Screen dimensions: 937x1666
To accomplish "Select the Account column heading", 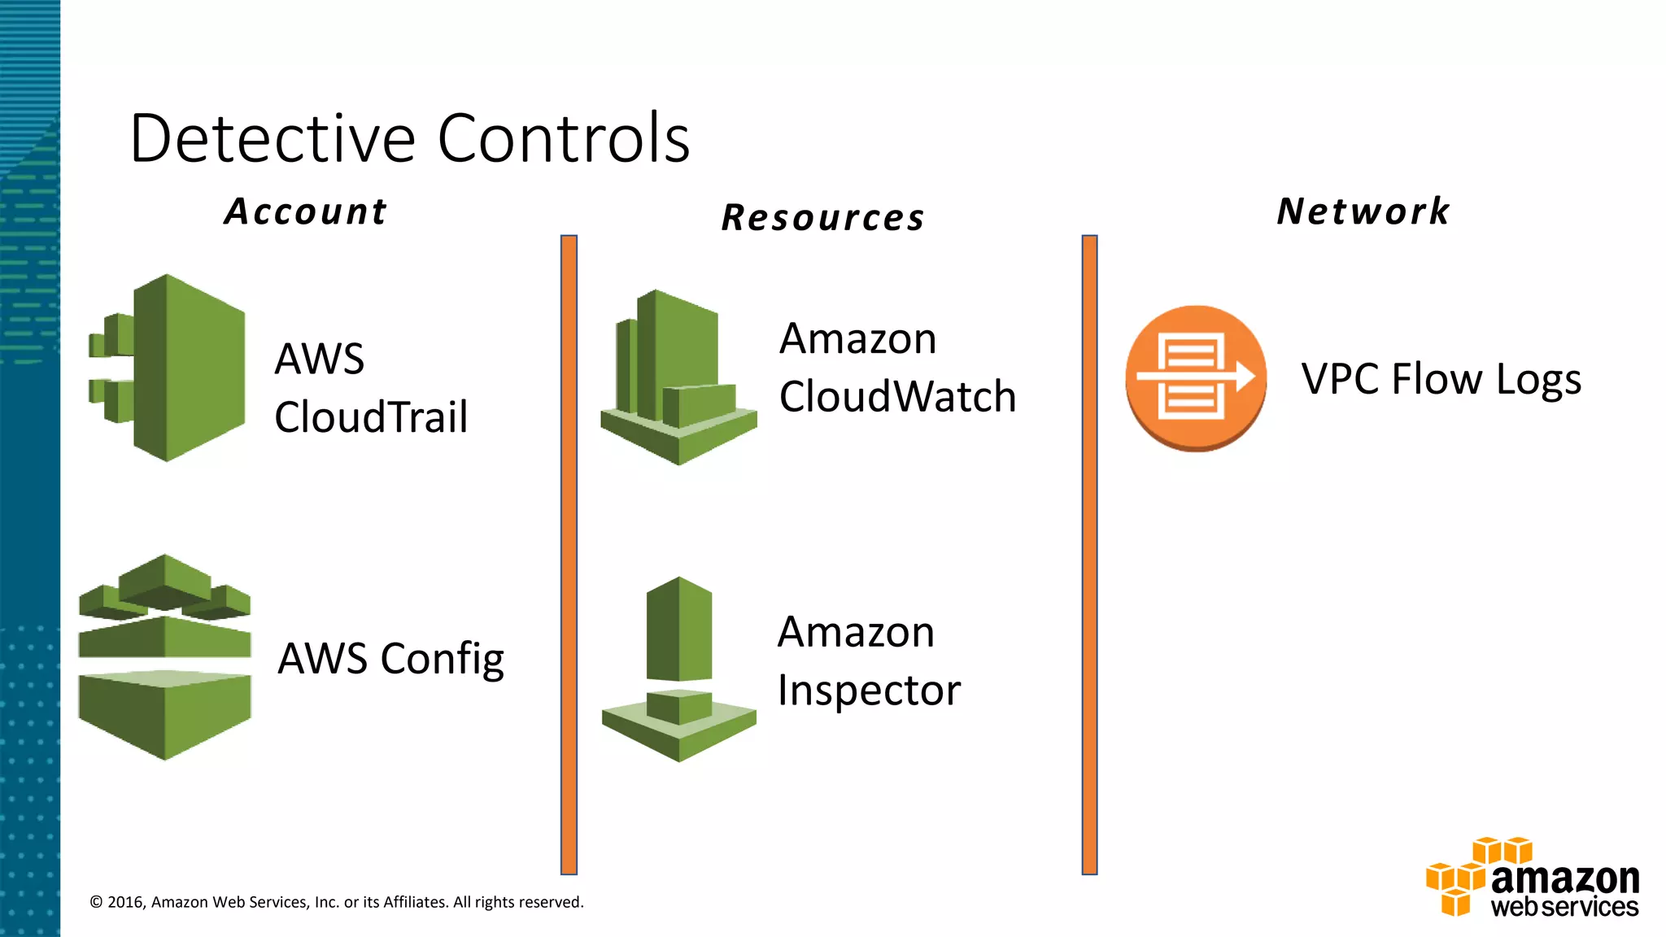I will click(306, 211).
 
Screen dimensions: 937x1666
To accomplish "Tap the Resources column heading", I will click(823, 218).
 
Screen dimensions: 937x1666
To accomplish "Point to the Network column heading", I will click(1363, 211).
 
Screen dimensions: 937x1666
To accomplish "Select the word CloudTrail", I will click(371, 417).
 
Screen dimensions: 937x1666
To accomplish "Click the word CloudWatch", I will click(897, 397).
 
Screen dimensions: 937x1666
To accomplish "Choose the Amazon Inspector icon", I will click(678, 669).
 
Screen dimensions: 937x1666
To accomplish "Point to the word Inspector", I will click(869, 691).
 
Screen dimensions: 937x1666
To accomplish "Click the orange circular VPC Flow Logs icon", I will click(1195, 378).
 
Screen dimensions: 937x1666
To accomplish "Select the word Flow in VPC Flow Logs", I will click(1437, 379).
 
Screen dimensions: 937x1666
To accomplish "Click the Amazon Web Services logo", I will click(1533, 879).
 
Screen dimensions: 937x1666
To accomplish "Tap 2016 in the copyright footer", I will click(125, 902).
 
